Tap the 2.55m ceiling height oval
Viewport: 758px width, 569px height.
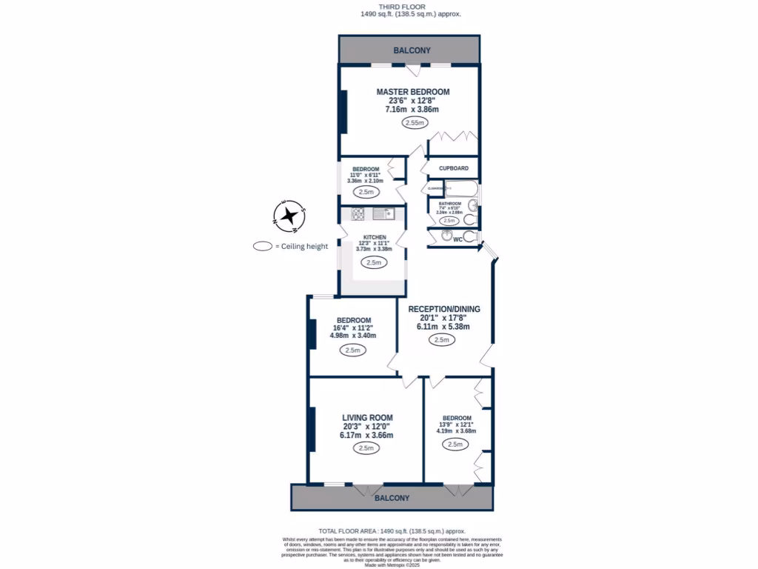pyautogui.click(x=415, y=123)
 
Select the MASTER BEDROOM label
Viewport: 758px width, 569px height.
pyautogui.click(x=412, y=92)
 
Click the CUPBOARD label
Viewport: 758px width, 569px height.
pyautogui.click(x=453, y=168)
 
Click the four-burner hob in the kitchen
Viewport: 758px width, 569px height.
pyautogui.click(x=357, y=213)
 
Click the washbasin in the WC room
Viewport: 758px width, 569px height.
pyautogui.click(x=446, y=236)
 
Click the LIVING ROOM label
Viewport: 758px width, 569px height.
pyautogui.click(x=367, y=417)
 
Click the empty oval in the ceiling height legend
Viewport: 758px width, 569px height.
pyautogui.click(x=261, y=247)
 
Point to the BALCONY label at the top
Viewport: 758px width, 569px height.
pyautogui.click(x=412, y=50)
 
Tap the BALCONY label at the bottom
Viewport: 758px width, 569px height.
pyautogui.click(x=391, y=499)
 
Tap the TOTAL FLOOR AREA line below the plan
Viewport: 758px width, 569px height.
pyautogui.click(x=392, y=531)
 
